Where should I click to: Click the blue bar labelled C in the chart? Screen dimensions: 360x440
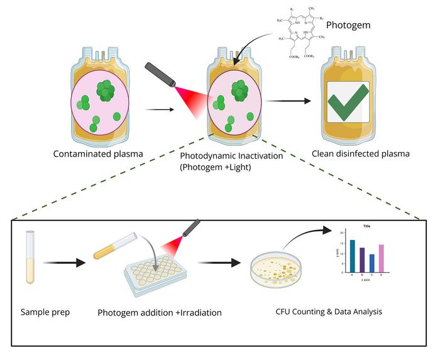pyautogui.click(x=371, y=263)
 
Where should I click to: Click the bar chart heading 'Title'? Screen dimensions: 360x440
pyautogui.click(x=367, y=225)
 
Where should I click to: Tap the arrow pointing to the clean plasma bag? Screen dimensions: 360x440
pyautogui.click(x=292, y=101)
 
